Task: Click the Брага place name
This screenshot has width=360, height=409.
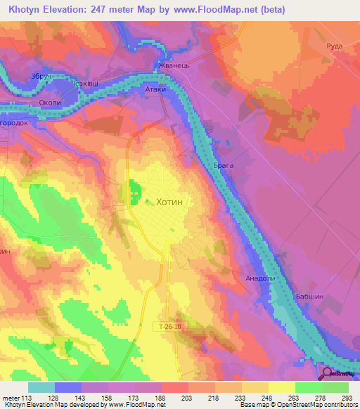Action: [223, 164]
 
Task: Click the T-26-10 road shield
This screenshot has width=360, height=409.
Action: [169, 326]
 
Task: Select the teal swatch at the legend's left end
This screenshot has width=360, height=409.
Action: [41, 387]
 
